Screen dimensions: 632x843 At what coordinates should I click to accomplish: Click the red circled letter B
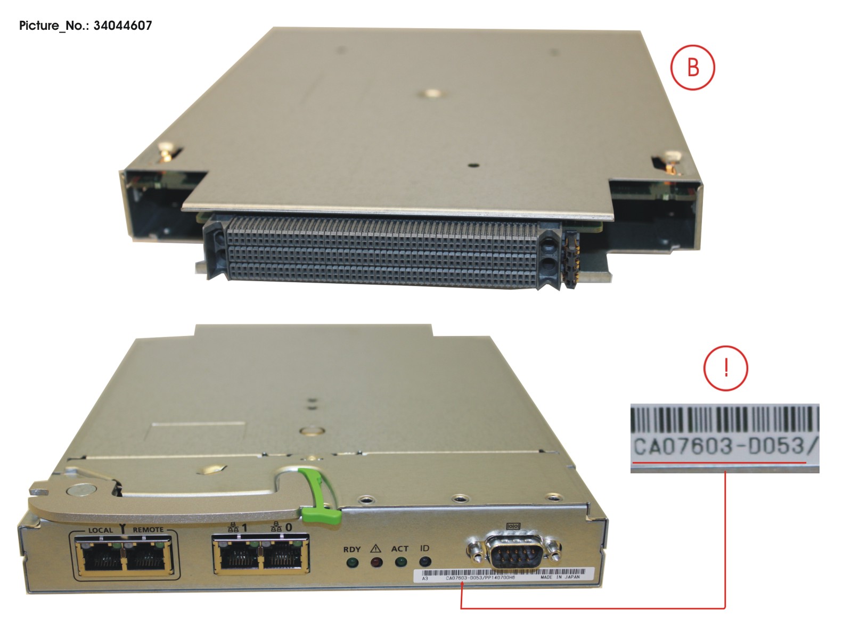pos(692,68)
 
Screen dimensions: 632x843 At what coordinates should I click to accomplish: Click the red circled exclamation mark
pos(725,368)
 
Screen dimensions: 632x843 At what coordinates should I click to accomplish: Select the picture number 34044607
pos(122,26)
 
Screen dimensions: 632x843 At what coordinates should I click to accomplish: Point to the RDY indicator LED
pos(351,562)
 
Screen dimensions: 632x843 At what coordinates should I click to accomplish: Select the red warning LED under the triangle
pos(376,562)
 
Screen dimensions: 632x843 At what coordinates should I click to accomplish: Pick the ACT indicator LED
pos(400,562)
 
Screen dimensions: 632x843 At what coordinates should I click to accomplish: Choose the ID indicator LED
pos(424,561)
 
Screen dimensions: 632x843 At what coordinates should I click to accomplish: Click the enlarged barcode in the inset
pos(724,419)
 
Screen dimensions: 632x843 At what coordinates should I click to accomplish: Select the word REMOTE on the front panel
pos(148,530)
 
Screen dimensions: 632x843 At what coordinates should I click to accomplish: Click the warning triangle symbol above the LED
pos(375,548)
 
